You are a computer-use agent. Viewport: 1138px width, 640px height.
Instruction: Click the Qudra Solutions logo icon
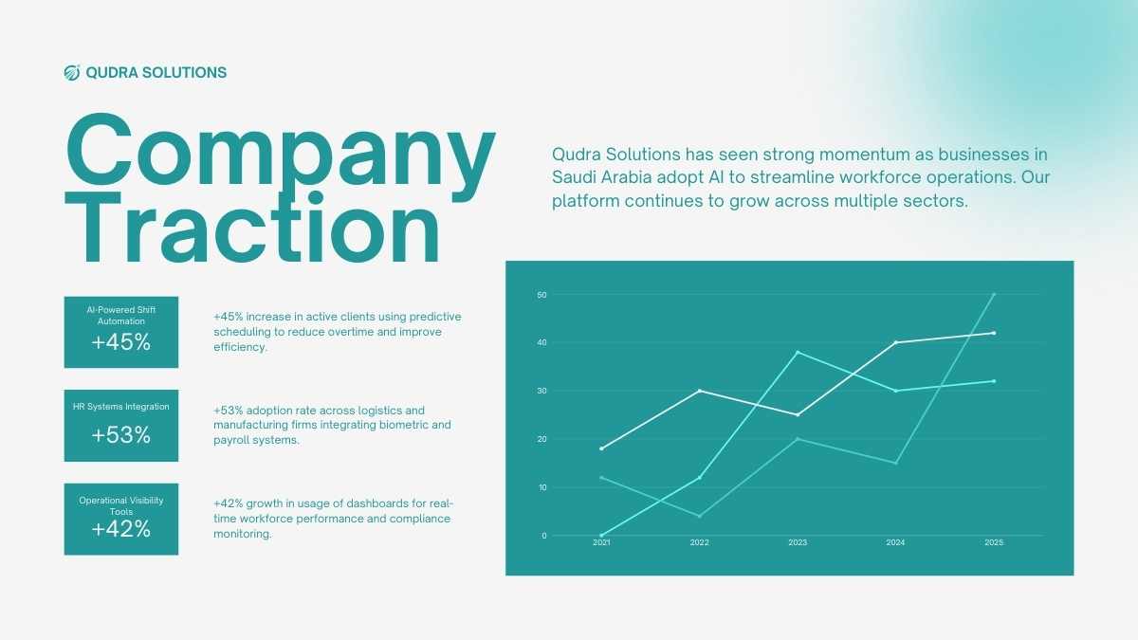72,73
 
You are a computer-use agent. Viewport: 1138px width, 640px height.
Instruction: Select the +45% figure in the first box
121,342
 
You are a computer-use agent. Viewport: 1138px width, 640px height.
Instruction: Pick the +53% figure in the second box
121,435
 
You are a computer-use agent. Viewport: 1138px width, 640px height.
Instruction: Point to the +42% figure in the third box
121,529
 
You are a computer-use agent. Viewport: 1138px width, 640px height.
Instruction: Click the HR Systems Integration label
121,407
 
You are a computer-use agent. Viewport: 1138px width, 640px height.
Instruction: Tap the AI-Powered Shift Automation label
121,316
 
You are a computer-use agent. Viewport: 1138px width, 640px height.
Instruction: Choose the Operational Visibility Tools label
121,506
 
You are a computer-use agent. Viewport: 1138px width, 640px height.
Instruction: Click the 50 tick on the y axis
541,295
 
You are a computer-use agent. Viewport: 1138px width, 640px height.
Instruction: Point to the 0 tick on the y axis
544,536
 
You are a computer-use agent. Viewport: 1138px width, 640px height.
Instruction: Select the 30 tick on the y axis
541,391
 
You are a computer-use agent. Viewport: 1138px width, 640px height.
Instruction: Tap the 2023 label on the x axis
798,542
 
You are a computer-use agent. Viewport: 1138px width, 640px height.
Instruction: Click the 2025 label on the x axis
994,542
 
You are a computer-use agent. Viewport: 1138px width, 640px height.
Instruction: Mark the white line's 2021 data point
601,449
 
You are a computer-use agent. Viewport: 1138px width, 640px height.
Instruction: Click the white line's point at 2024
895,343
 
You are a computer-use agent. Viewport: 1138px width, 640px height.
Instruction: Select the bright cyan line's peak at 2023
798,353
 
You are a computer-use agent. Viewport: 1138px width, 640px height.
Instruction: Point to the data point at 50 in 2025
994,295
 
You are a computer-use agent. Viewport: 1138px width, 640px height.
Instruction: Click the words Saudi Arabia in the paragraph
601,177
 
